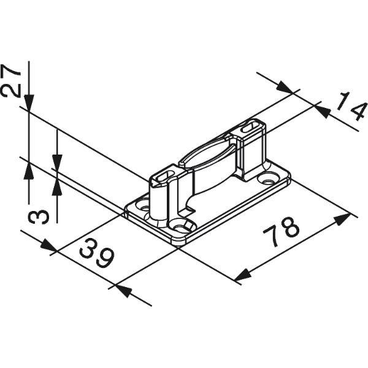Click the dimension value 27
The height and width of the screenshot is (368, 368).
pos(10,81)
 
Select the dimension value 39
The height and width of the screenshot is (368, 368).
pos(97,253)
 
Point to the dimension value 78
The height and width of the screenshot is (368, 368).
pos(281,232)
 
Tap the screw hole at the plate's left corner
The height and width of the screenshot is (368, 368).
pos(144,206)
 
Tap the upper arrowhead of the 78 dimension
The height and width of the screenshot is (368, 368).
pos(342,220)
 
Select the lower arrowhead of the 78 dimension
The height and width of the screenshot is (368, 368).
pos(243,275)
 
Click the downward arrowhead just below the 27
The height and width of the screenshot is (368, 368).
pos(29,103)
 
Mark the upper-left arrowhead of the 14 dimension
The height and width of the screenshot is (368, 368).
pos(285,87)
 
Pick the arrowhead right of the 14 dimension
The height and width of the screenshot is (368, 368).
pos(323,112)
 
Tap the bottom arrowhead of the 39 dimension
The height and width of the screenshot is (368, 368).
pos(123,291)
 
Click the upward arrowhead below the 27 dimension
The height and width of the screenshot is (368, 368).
pos(29,171)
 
